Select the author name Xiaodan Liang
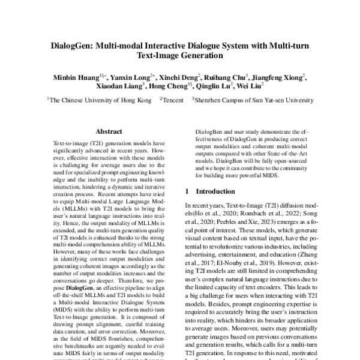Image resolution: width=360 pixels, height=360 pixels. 119,87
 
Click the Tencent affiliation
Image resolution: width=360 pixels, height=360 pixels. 173,101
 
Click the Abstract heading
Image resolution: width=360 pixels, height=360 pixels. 110,130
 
